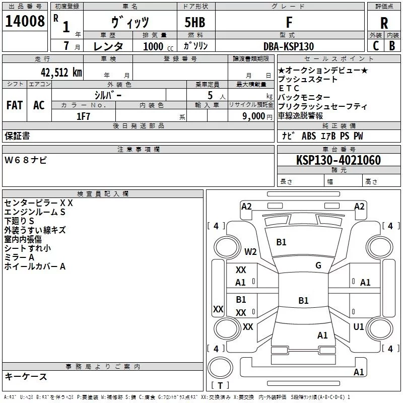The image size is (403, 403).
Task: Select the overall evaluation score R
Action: (x=384, y=23)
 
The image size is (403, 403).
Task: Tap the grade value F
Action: (x=289, y=22)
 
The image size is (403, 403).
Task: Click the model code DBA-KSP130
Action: (x=289, y=46)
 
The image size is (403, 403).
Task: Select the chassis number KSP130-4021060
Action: (x=339, y=160)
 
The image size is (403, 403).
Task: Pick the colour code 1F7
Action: (x=83, y=116)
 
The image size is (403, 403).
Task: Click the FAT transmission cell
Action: (x=15, y=105)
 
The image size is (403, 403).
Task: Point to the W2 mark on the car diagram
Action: (x=250, y=252)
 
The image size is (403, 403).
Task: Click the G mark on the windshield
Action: (x=318, y=265)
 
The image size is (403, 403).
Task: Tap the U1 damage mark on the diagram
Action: (x=359, y=327)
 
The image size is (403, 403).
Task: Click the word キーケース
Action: (x=26, y=377)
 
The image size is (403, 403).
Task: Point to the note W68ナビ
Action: (x=26, y=160)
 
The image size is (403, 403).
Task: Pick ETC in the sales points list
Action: (x=289, y=88)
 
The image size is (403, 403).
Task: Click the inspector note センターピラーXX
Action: (x=39, y=203)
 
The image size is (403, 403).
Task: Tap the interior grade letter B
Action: (x=392, y=46)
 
